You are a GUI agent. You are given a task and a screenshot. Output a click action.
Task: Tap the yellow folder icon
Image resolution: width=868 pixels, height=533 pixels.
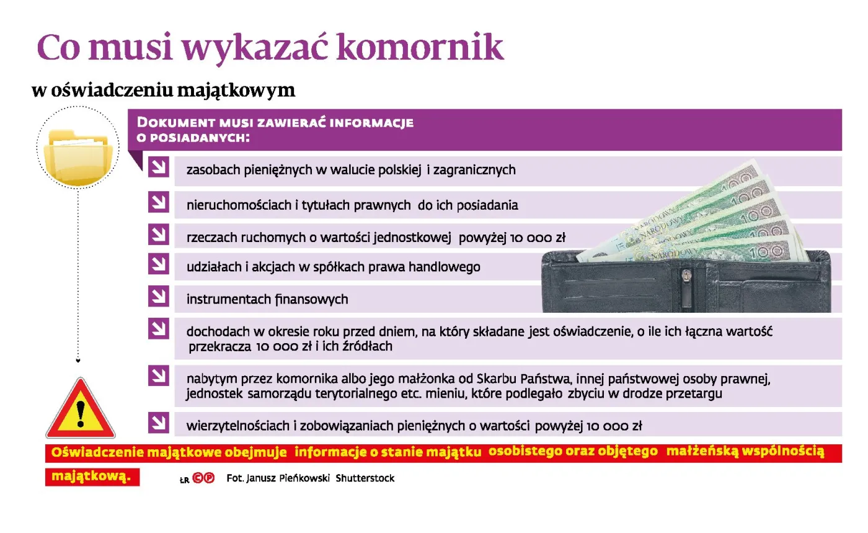(x=77, y=155)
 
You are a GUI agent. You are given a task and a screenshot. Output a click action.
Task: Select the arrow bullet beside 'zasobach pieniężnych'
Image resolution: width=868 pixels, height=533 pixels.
(x=159, y=167)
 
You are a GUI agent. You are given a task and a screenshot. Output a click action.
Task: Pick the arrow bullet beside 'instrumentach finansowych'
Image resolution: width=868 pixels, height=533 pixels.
(x=159, y=296)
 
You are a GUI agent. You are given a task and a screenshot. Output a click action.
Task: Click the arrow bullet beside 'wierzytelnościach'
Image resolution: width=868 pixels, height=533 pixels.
(x=159, y=423)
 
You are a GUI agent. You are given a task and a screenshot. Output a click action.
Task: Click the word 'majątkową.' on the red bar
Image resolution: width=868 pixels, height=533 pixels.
(x=91, y=477)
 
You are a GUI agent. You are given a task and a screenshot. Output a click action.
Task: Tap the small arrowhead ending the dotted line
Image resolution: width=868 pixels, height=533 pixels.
(x=77, y=359)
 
